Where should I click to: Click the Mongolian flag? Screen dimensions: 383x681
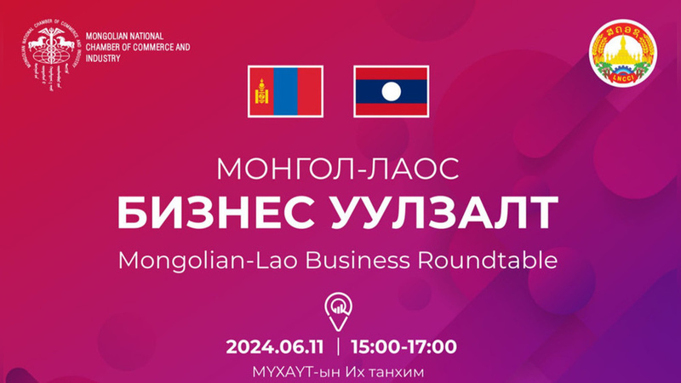click(283, 92)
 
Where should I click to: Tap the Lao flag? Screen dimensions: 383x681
click(390, 92)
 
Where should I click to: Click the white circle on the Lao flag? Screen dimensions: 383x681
click(390, 92)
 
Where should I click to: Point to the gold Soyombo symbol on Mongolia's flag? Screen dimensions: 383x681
click(260, 92)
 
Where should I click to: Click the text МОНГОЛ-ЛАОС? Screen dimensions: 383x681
click(338, 169)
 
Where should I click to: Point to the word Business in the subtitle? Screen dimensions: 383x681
click(375, 260)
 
